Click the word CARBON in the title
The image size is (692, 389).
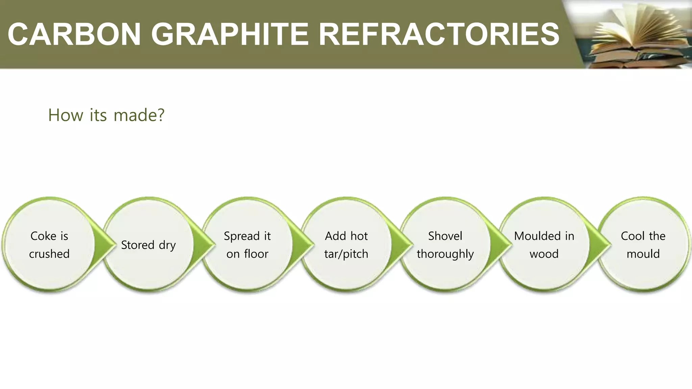click(x=74, y=34)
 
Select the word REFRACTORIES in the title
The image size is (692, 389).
click(x=439, y=34)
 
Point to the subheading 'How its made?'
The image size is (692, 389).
click(x=106, y=115)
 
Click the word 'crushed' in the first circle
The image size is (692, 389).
click(x=49, y=254)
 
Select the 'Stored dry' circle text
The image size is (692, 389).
click(x=148, y=245)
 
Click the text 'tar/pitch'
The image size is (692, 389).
click(x=346, y=254)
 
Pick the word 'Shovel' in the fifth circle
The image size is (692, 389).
click(x=445, y=236)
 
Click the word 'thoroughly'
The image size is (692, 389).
click(x=445, y=254)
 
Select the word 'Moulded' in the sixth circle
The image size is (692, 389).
click(x=535, y=236)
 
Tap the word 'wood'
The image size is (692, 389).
click(x=544, y=254)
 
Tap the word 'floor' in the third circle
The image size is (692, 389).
click(x=256, y=254)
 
